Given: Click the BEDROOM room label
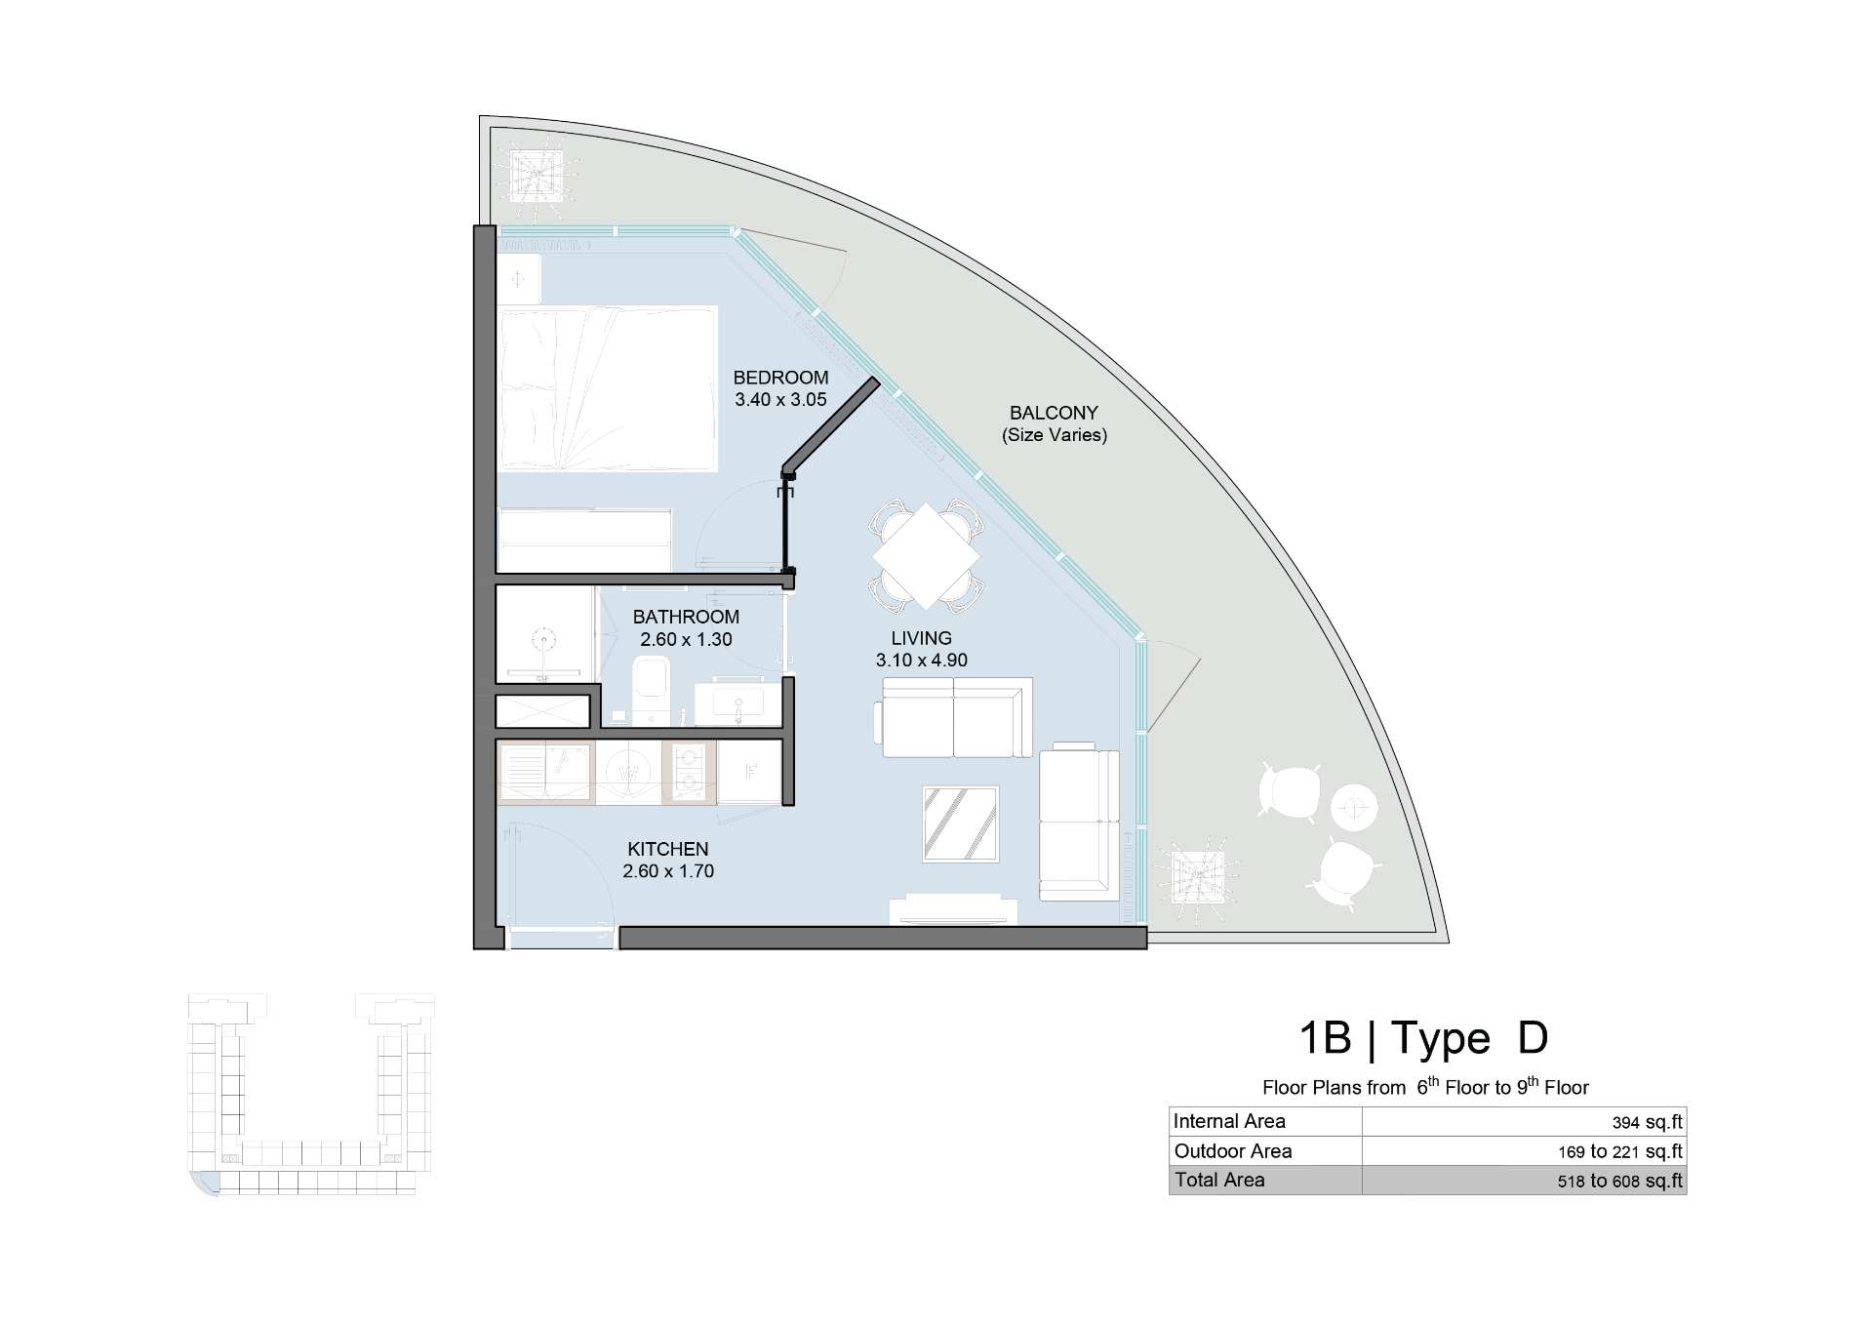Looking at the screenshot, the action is pos(780,378).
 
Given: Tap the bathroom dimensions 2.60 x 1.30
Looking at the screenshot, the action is pos(686,640).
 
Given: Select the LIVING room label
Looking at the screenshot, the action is pos(921,638).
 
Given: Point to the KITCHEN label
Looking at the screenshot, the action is pos(668,849).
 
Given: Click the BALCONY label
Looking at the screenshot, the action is pos(1054,413).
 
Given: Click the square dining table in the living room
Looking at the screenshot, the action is pos(926,556).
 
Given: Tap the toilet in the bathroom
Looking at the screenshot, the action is pos(650,689).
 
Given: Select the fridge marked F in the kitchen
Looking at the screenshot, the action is pos(750,772).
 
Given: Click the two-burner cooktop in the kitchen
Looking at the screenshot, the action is pos(689,772).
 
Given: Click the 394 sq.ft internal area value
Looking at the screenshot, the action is pos(1648,1123).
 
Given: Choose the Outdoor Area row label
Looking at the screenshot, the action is pos(1233,1151).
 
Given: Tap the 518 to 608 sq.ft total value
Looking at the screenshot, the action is pos(1620,1181).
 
